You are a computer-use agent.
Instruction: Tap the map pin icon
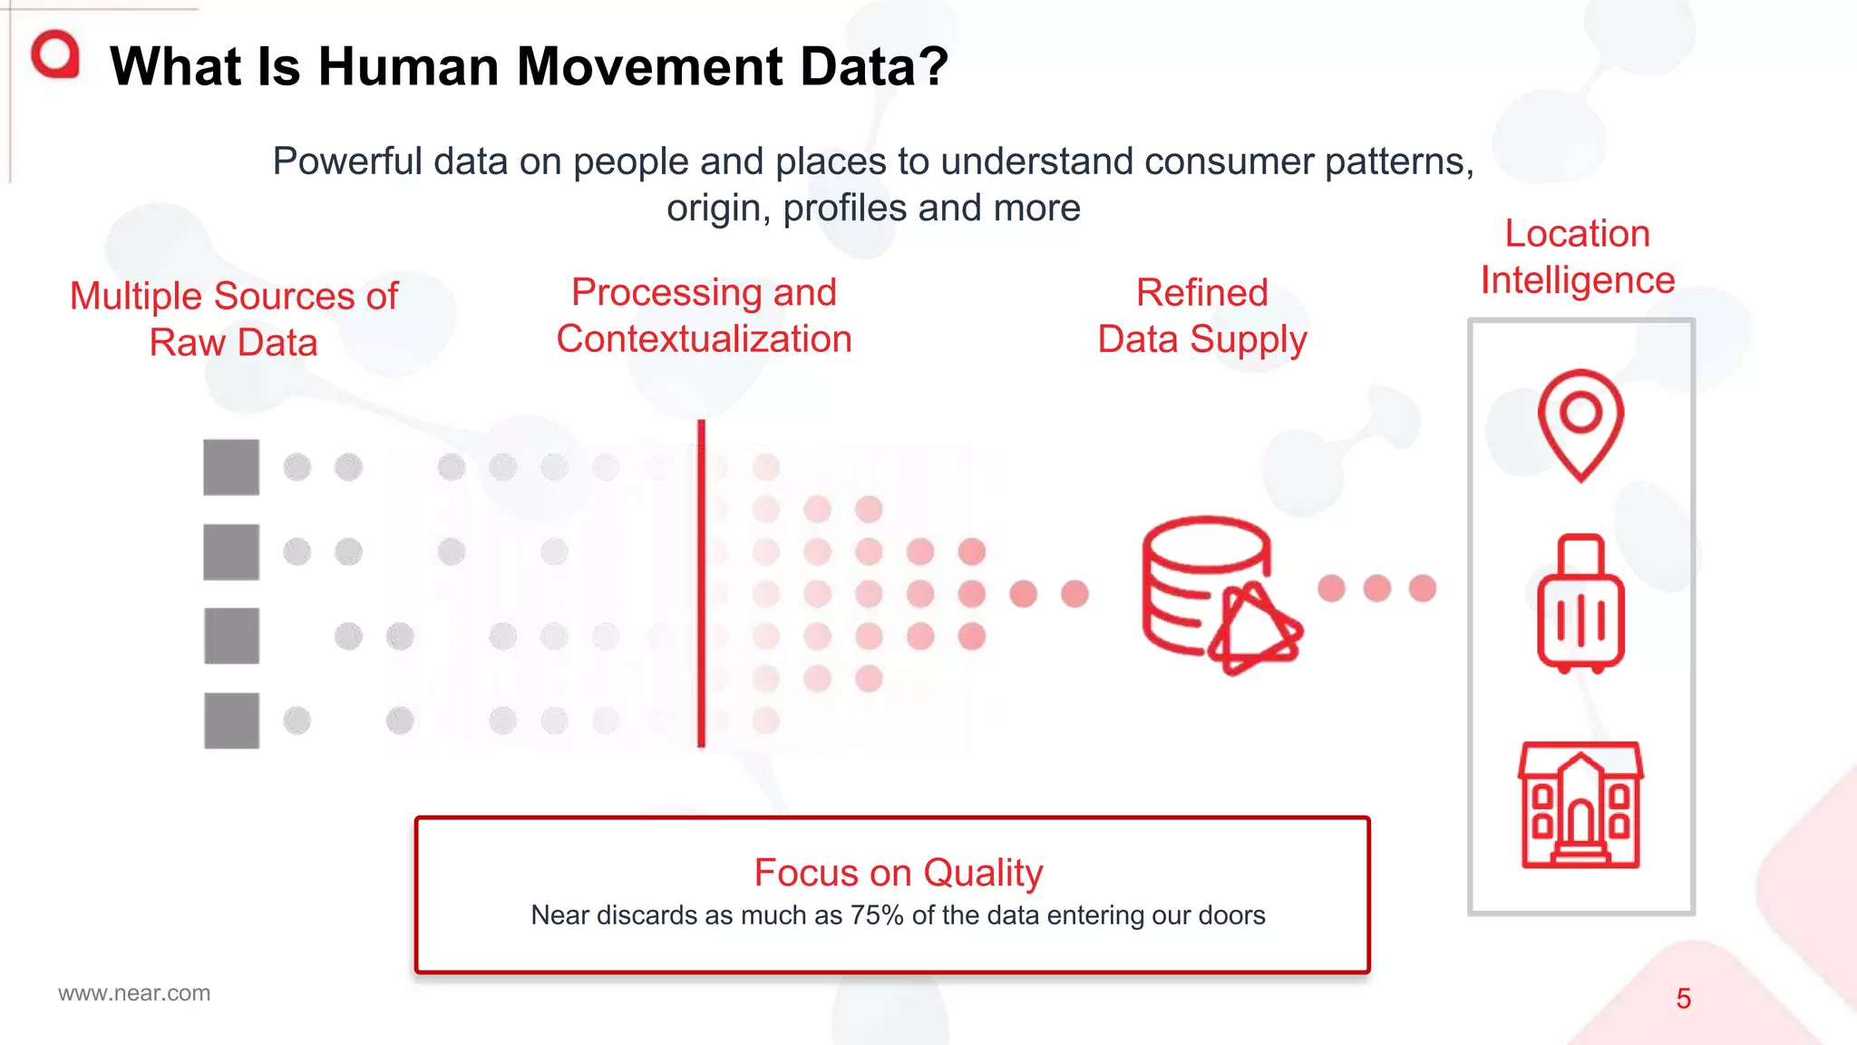click(1580, 425)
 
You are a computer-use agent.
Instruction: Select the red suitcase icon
click(1580, 603)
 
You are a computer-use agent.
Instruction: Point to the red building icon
click(1580, 806)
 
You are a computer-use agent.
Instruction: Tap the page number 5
click(1683, 999)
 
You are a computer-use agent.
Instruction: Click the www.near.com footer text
click(134, 993)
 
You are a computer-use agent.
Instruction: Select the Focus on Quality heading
click(898, 873)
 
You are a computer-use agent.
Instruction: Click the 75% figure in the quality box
click(876, 915)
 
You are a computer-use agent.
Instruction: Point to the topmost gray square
click(231, 467)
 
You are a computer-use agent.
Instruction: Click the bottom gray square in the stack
click(231, 720)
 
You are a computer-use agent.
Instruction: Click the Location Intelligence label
click(1577, 257)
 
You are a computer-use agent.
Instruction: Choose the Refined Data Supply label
click(1202, 316)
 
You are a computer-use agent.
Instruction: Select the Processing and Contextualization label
click(704, 316)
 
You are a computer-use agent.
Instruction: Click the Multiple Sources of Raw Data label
click(234, 319)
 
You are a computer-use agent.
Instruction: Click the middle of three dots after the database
click(1376, 588)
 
